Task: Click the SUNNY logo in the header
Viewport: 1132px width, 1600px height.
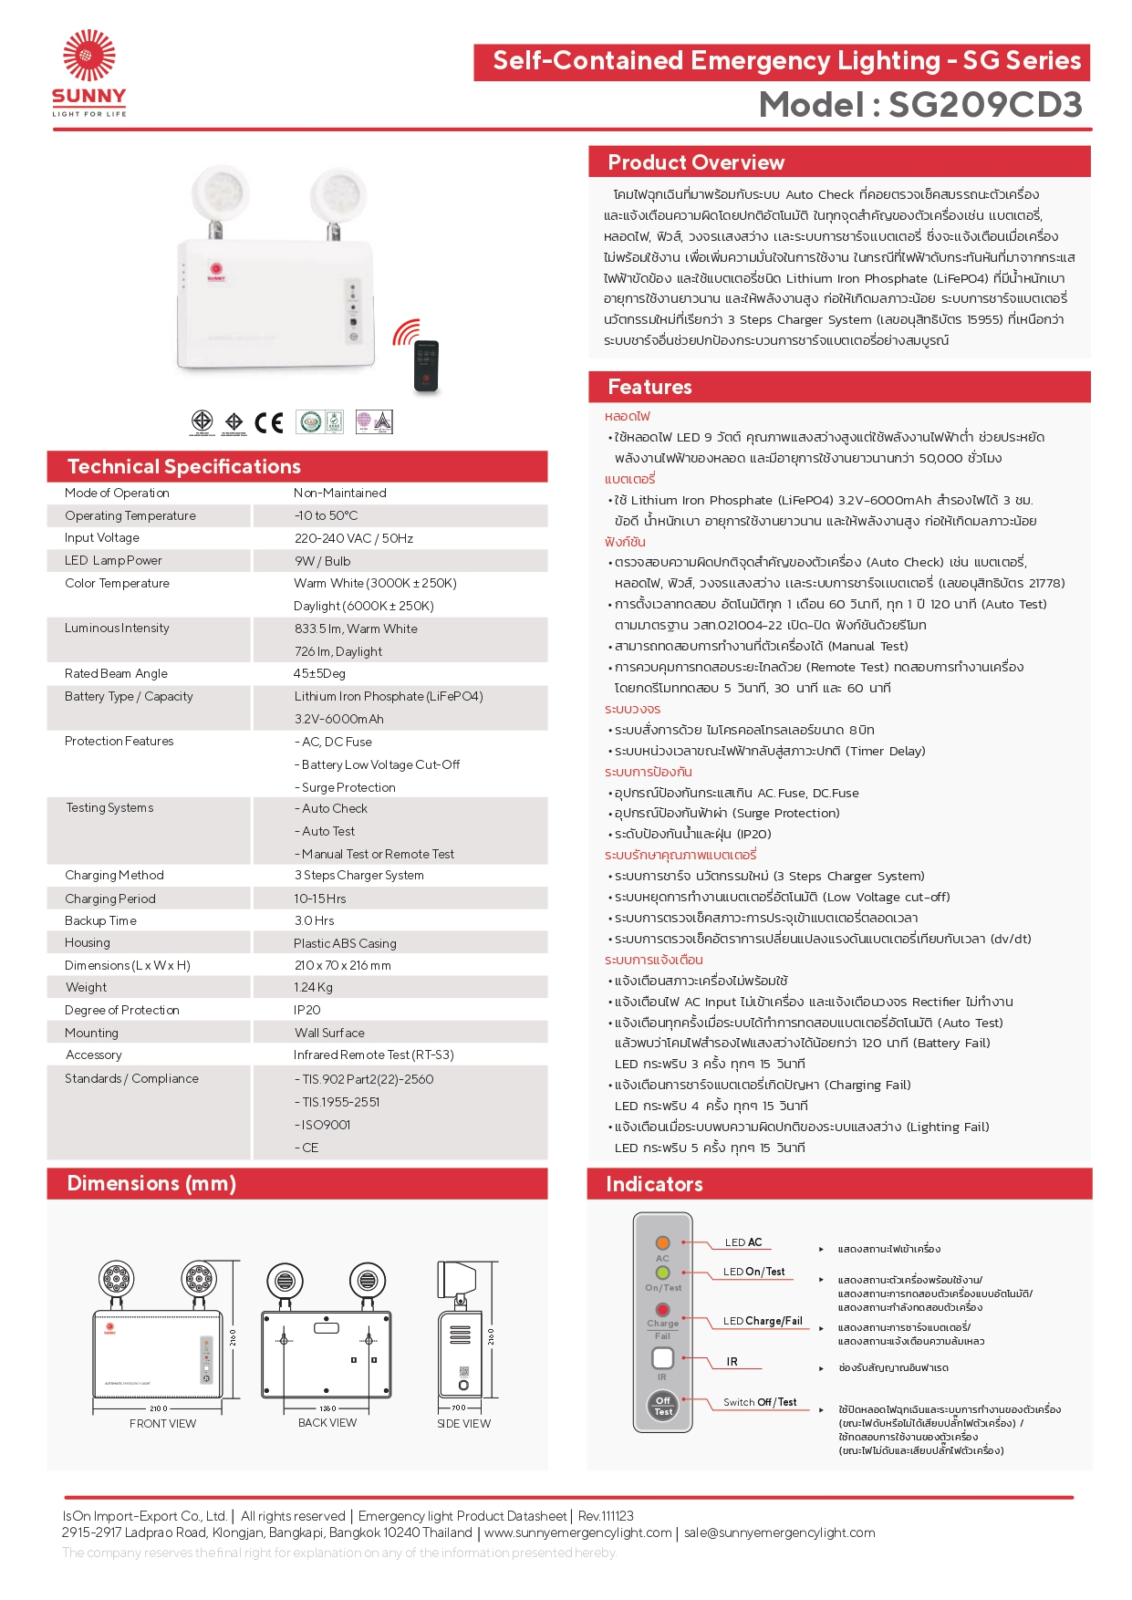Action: click(x=88, y=73)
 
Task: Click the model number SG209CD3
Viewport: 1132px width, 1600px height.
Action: click(x=985, y=105)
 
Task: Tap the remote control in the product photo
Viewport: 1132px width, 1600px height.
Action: click(x=426, y=365)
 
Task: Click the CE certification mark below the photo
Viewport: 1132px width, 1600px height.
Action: click(x=269, y=422)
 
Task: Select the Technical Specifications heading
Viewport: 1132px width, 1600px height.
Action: click(x=184, y=467)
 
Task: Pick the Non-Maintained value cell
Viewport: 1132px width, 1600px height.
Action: click(x=340, y=494)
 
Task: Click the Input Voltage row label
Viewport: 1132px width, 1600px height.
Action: click(x=102, y=538)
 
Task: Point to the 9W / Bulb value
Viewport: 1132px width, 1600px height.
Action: click(x=322, y=561)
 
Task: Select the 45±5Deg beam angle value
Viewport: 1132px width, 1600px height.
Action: click(x=319, y=674)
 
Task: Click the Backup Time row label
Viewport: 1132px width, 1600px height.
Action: click(x=100, y=921)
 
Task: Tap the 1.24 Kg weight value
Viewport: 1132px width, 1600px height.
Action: click(x=313, y=988)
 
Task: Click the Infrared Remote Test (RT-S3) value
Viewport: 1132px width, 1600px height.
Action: click(x=374, y=1055)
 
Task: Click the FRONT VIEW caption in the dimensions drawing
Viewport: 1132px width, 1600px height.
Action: click(x=162, y=1424)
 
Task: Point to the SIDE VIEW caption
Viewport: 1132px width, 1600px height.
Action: click(x=463, y=1424)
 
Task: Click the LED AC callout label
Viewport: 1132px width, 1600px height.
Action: click(x=743, y=1242)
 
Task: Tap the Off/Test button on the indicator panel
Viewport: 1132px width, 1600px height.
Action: click(x=663, y=1406)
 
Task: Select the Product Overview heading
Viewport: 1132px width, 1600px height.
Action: click(x=696, y=162)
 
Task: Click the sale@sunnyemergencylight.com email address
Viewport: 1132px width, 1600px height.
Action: click(x=780, y=1533)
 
